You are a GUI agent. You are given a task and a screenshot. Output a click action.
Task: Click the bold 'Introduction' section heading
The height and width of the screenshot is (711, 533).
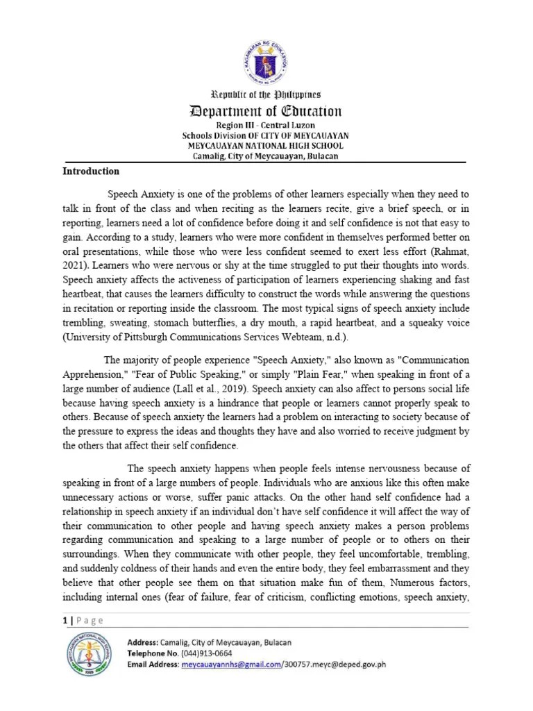point(91,171)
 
